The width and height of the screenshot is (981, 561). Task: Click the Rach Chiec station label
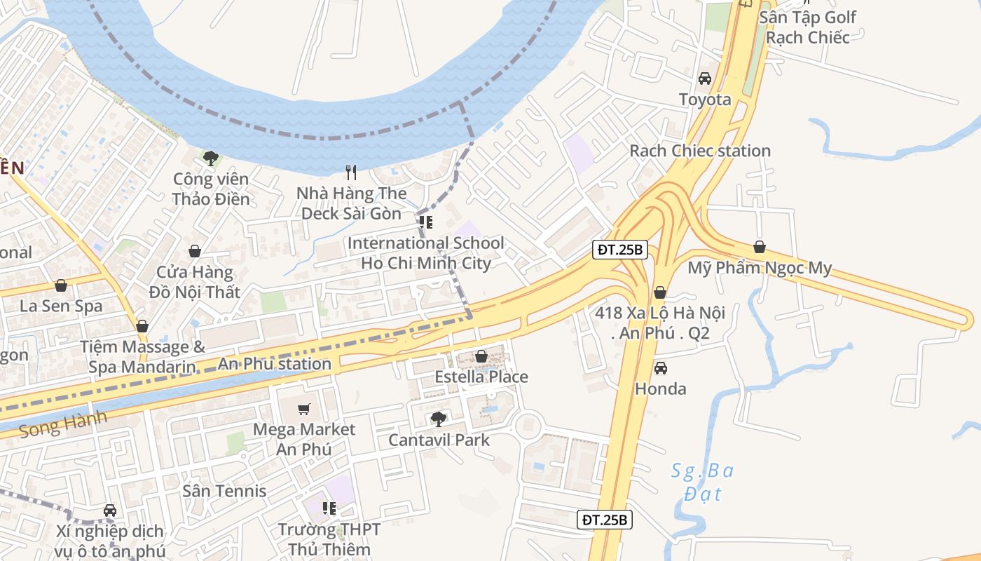(699, 151)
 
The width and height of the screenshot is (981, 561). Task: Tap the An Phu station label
(274, 364)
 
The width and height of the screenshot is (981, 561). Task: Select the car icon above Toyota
(705, 79)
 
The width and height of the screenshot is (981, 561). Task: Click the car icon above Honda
(660, 368)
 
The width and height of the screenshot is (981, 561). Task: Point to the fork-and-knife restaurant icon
(351, 172)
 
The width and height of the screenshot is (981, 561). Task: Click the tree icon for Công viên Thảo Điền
(210, 158)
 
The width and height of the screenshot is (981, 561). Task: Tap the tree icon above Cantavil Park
(439, 419)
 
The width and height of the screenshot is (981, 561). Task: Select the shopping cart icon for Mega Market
(304, 409)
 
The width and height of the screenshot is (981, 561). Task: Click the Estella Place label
(481, 377)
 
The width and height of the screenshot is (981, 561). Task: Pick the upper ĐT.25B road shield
(619, 250)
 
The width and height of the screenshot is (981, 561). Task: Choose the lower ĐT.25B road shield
(605, 520)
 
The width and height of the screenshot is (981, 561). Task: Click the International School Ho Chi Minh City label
(425, 253)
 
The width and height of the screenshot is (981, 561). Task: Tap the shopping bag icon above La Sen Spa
(61, 285)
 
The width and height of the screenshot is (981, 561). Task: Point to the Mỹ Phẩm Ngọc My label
(760, 268)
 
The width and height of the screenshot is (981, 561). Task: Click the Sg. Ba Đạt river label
(702, 482)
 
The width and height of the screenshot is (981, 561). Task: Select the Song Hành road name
(64, 424)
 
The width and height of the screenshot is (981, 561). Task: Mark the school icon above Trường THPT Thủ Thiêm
(329, 508)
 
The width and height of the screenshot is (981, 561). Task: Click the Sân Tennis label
(224, 491)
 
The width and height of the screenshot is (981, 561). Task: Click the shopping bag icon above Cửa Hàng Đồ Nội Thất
(195, 251)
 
